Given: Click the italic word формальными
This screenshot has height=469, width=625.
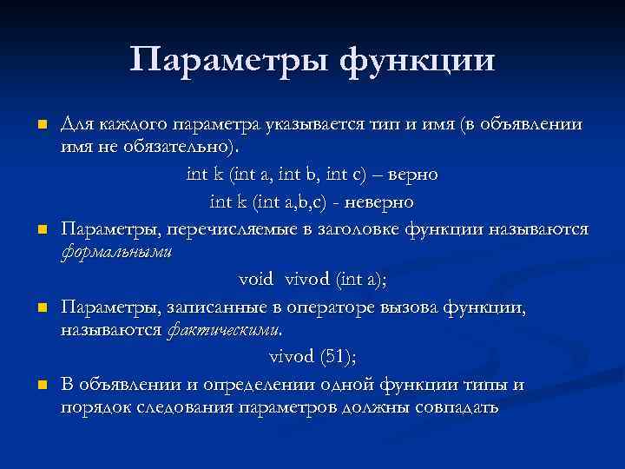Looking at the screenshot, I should point(117,253).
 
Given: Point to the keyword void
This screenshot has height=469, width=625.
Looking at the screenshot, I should point(256,279).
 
